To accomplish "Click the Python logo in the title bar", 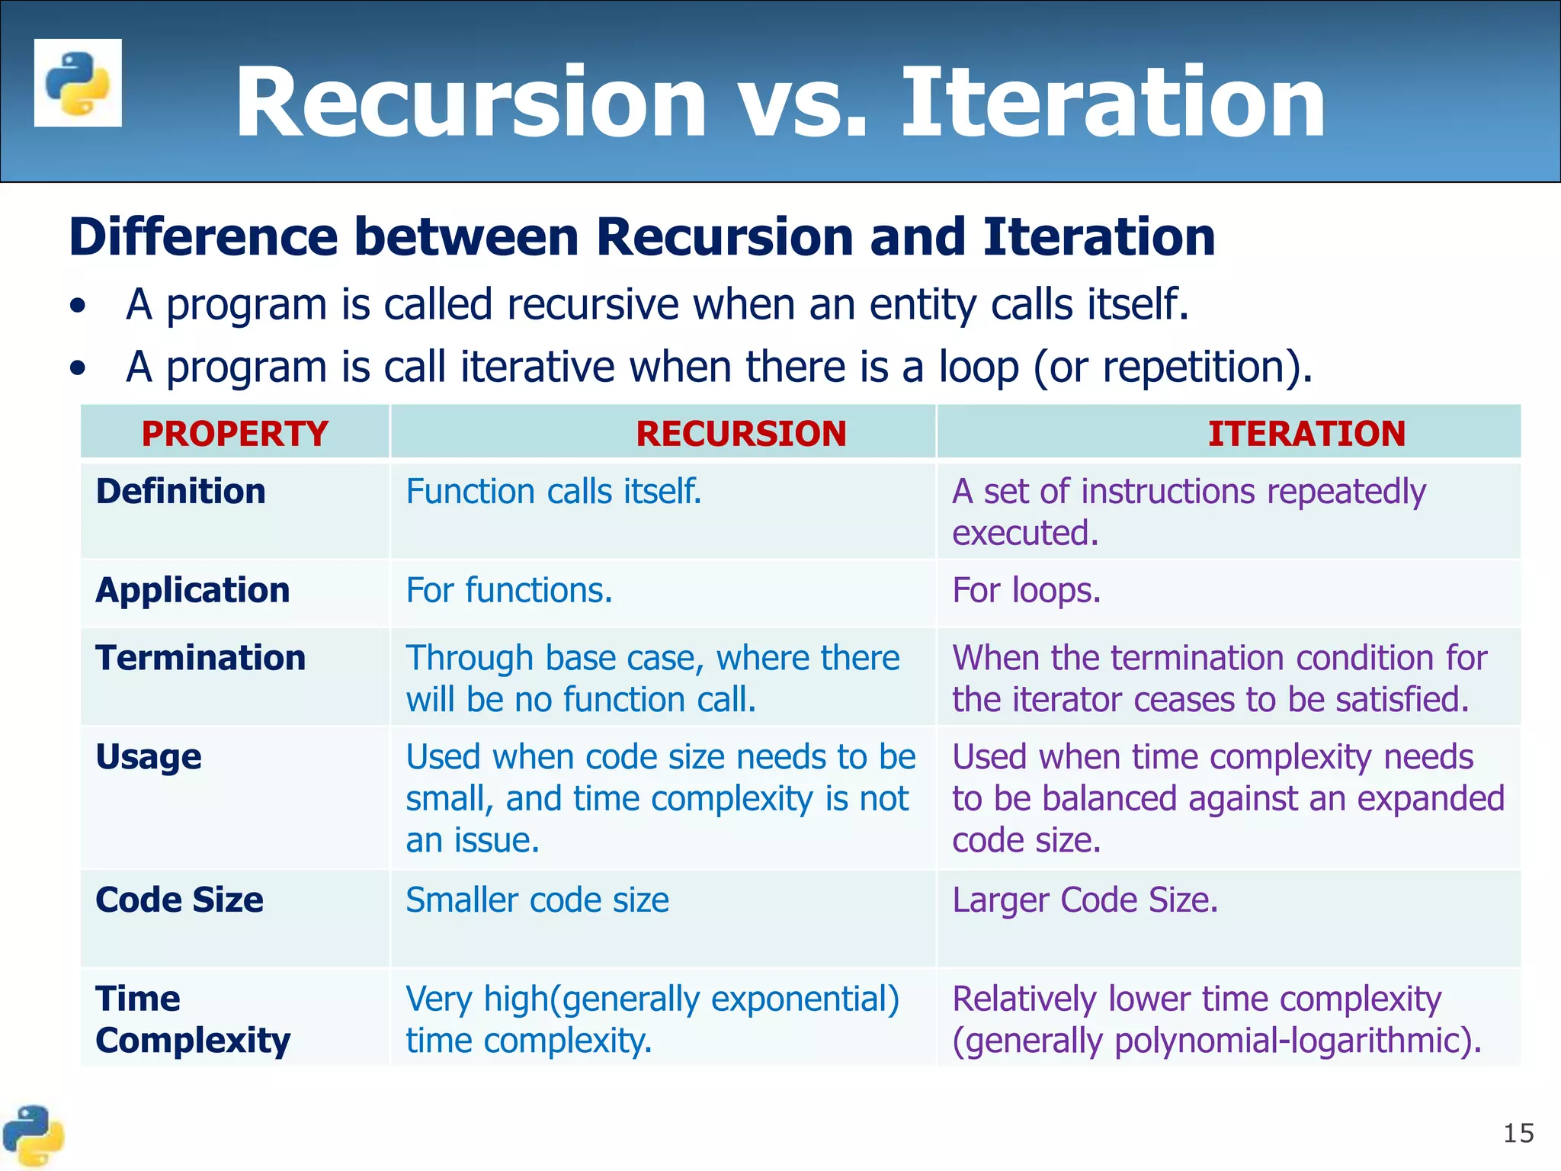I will [x=78, y=82].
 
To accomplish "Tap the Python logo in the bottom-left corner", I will [x=33, y=1136].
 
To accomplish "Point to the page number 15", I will [x=1518, y=1134].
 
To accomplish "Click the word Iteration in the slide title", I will [x=1114, y=102].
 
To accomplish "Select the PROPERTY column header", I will [x=235, y=434].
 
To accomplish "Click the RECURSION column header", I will [x=741, y=434].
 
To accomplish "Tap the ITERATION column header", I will [x=1306, y=434].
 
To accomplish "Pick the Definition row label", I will [x=181, y=491].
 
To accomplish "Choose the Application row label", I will [x=193, y=590].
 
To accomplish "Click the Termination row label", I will [x=200, y=658].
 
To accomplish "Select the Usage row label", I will [x=149, y=757].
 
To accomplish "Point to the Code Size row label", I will [x=179, y=900].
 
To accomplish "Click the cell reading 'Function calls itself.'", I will [x=553, y=492].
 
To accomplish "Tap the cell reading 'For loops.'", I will [x=1027, y=591].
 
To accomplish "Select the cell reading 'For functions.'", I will [x=509, y=591].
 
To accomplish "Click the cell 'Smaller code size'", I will [x=537, y=900].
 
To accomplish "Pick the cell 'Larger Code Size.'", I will [x=1085, y=900].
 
